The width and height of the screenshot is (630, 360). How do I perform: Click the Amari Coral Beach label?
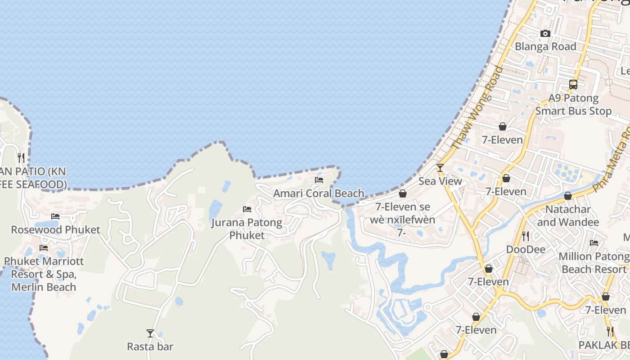coord(319,193)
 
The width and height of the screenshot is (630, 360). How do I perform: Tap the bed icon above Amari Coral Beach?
coord(319,180)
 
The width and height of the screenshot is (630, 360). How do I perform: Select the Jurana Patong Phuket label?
coord(247,229)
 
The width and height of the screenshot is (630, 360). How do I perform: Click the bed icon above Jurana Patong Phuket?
coord(247,209)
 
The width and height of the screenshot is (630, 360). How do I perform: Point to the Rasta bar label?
coord(150,346)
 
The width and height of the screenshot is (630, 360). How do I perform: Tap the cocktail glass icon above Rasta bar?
coord(150,333)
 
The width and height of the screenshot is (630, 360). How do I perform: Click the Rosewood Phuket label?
coord(55,229)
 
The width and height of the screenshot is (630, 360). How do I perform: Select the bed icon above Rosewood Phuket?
coord(55,216)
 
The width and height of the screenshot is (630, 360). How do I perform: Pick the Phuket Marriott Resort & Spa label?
coord(44,274)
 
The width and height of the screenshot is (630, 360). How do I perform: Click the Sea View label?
coord(440,181)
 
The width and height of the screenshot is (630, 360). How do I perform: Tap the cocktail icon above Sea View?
coord(440,168)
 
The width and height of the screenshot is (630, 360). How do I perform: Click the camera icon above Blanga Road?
coord(545,33)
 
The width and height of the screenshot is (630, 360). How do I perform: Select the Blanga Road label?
coord(545,46)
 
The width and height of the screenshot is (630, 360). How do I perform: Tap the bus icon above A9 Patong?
coord(573,84)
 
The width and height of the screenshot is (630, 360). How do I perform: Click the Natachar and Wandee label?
coord(568,216)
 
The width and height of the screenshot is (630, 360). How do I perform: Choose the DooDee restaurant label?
coord(526,249)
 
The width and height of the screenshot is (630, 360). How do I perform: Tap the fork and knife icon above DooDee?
coord(526,236)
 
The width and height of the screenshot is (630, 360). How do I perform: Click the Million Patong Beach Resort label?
coord(594,263)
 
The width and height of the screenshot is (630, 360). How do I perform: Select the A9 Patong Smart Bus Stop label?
coord(573,104)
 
